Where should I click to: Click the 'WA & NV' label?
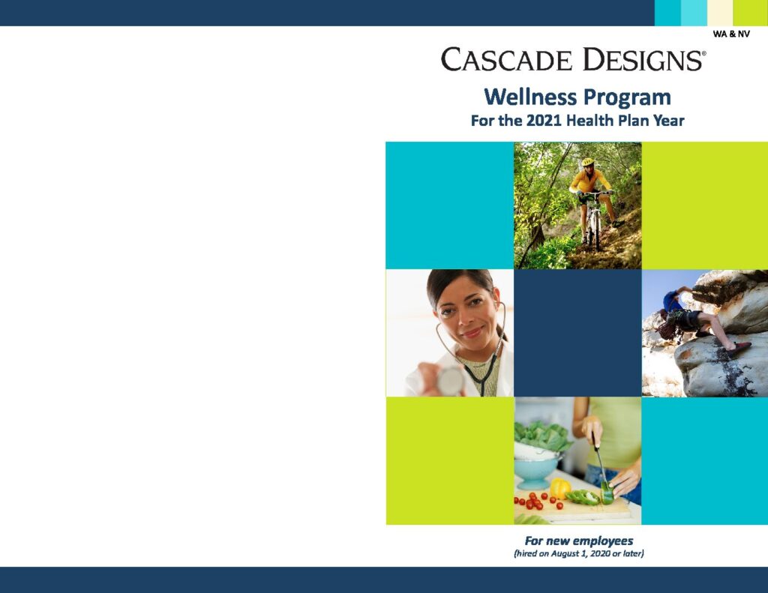pyautogui.click(x=731, y=34)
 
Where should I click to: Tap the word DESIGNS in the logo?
pyautogui.click(x=643, y=59)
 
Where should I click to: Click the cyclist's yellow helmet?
pyautogui.click(x=588, y=162)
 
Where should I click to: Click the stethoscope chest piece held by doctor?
pyautogui.click(x=450, y=381)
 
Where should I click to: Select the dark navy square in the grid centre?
pyautogui.click(x=578, y=333)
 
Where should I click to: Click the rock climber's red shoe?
pyautogui.click(x=739, y=348)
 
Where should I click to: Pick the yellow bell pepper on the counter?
pyautogui.click(x=559, y=488)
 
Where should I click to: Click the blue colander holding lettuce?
pyautogui.click(x=537, y=469)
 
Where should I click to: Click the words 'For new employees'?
pyautogui.click(x=578, y=541)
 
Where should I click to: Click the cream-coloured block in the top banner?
pyautogui.click(x=719, y=13)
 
